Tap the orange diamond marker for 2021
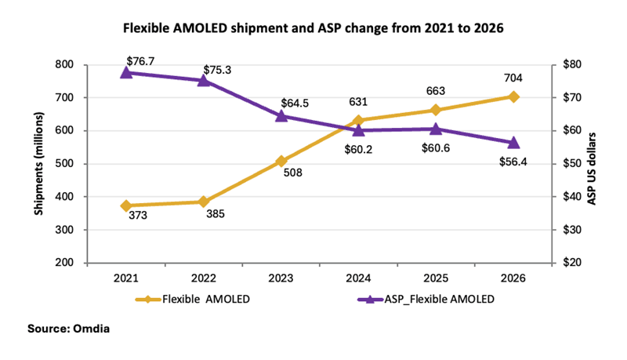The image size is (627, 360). (x=125, y=205)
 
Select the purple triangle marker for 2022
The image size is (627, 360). (x=203, y=79)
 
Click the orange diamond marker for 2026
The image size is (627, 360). (x=513, y=96)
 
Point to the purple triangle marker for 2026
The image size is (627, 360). (x=513, y=142)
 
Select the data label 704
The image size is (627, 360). (x=513, y=78)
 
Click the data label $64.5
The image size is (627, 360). (x=294, y=102)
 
